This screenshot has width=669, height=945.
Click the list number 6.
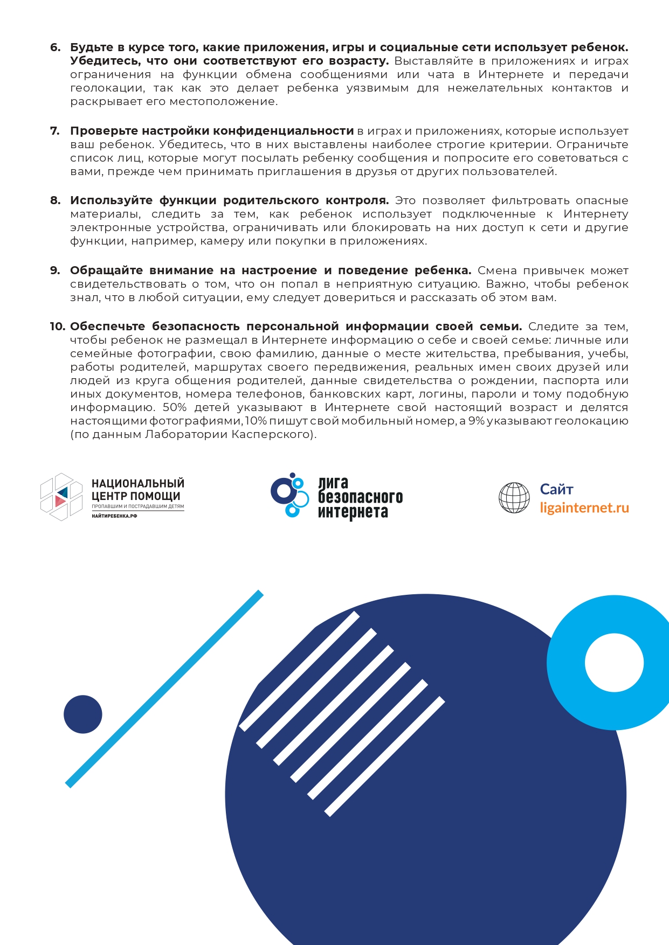point(55,47)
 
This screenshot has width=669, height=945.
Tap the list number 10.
point(57,326)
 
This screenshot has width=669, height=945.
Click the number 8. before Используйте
point(55,200)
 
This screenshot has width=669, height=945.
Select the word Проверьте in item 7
point(104,131)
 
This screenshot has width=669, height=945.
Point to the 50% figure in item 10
point(174,407)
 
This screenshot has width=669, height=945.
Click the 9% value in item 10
point(476,421)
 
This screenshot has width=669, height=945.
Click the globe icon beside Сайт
point(514,497)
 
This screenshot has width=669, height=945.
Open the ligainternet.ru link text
point(584,508)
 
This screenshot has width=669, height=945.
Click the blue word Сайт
point(556,489)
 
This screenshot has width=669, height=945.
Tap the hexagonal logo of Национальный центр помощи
point(61,496)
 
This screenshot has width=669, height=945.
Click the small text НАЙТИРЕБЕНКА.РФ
point(114,516)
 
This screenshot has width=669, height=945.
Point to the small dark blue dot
point(83,714)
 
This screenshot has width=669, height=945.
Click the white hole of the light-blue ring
point(614,663)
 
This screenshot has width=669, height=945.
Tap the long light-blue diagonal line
point(164,688)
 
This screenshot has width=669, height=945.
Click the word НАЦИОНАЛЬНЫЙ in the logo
point(138,483)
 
